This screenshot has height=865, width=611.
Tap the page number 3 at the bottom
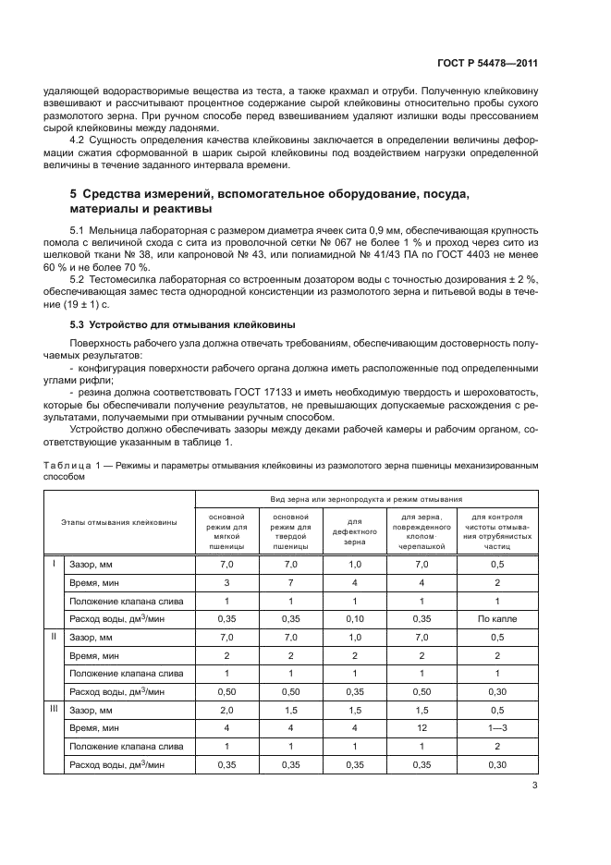click(x=534, y=786)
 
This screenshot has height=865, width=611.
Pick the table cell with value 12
click(x=421, y=726)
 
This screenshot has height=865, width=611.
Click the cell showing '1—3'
click(x=496, y=726)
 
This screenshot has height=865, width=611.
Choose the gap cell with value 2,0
click(x=226, y=709)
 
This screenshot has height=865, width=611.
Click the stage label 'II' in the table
click(x=53, y=636)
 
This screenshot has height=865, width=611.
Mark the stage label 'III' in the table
click(x=53, y=709)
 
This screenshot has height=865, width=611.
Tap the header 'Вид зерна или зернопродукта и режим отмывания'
click(x=366, y=498)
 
